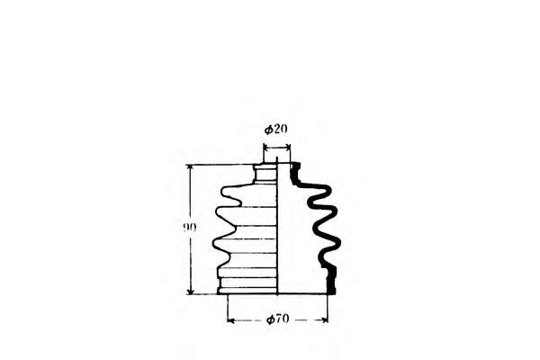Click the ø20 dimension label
tap(276, 129)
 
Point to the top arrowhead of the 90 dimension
tap(191, 168)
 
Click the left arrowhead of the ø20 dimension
tap(266, 146)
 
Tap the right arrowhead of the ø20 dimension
tap(288, 146)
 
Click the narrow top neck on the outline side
tap(265, 171)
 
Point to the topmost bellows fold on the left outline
tap(225, 191)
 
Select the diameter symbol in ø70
tap(270, 319)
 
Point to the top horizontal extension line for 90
tap(220, 165)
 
